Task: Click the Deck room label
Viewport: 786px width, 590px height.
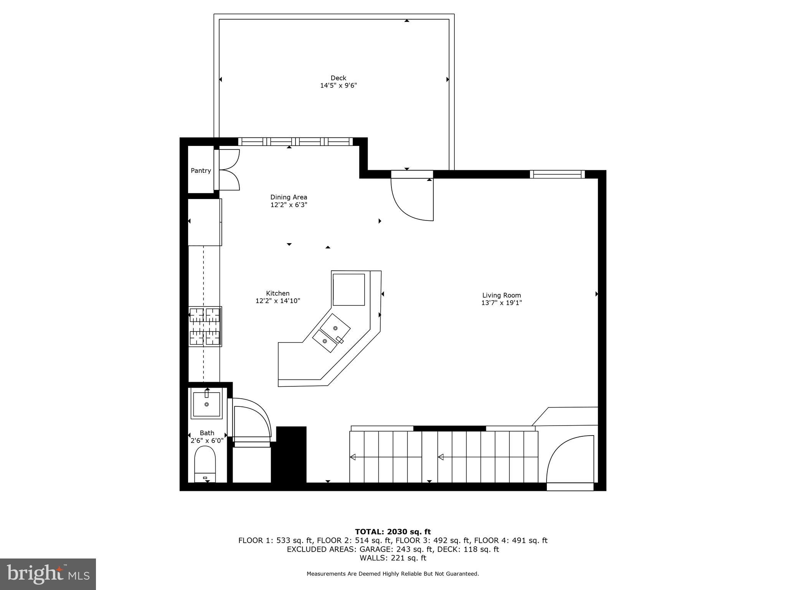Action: click(x=338, y=78)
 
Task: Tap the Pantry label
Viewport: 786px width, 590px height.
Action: click(x=201, y=171)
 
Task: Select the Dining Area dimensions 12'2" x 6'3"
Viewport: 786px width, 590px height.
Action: click(x=289, y=205)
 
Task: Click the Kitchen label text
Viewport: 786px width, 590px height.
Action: click(x=277, y=293)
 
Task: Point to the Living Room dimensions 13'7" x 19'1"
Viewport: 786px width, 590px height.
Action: click(x=501, y=303)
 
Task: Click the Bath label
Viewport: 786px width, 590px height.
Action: click(x=207, y=433)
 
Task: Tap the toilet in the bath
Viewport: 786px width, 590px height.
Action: click(x=205, y=464)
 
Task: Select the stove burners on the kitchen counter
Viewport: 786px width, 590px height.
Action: click(x=205, y=326)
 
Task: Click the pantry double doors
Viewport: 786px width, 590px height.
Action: click(x=230, y=170)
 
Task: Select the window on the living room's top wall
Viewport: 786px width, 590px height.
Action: click(x=557, y=174)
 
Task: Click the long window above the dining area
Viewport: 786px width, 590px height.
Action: click(x=295, y=141)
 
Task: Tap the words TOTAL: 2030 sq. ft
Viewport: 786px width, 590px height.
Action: click(x=393, y=532)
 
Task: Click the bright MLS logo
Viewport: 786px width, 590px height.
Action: click(x=48, y=574)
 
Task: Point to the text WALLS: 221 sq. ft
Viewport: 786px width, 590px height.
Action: click(x=393, y=558)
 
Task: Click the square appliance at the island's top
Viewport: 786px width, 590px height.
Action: click(x=348, y=290)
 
